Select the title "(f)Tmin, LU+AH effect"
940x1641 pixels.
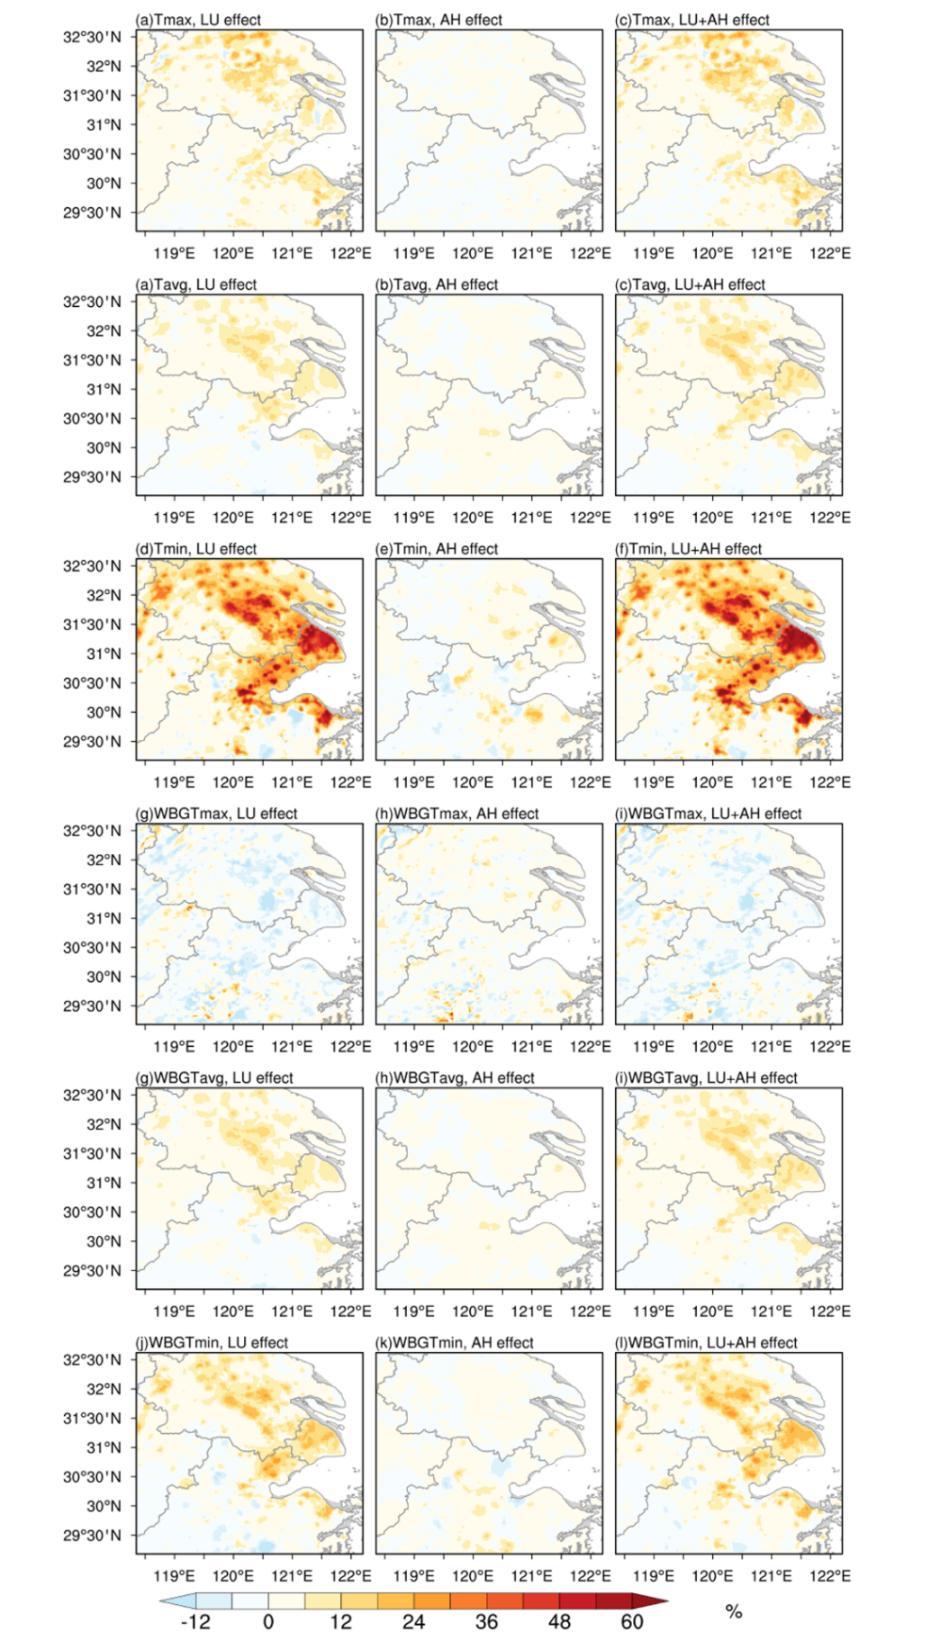[x=689, y=549]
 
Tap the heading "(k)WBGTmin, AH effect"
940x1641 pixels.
[x=454, y=1343]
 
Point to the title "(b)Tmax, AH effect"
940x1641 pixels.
[x=439, y=20]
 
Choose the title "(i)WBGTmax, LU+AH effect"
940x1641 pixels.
[x=708, y=813]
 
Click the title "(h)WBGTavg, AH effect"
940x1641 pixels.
[x=455, y=1078]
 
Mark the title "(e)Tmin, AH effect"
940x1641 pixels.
[x=436, y=549]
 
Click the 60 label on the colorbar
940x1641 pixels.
[x=632, y=1621]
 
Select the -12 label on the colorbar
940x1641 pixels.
[x=195, y=1621]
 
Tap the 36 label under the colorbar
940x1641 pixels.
[x=486, y=1621]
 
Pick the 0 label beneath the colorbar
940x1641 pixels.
[x=268, y=1621]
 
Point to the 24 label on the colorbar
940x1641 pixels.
[x=413, y=1621]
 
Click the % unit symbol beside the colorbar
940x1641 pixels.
[x=734, y=1612]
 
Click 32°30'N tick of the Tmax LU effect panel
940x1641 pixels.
[x=92, y=37]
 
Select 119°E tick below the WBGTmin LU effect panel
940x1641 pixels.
[x=174, y=1576]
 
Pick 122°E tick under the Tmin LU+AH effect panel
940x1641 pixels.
[x=830, y=782]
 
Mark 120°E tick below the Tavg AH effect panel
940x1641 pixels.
[x=473, y=518]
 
